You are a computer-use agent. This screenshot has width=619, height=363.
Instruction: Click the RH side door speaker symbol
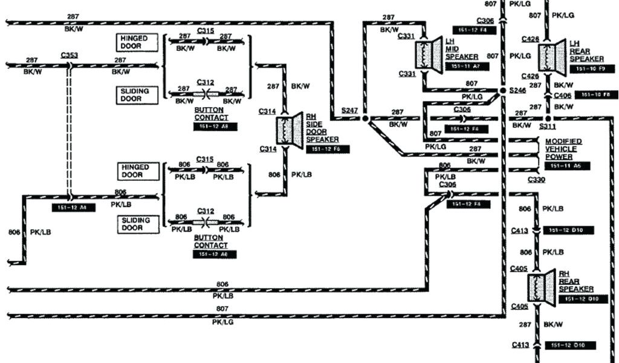(x=290, y=128)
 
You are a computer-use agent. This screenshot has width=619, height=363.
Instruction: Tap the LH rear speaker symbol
(x=553, y=54)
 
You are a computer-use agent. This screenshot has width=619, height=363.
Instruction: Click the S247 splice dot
(x=365, y=119)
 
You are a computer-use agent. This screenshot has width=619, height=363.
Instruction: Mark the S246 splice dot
(x=502, y=91)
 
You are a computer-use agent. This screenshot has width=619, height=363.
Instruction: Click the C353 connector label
(x=69, y=55)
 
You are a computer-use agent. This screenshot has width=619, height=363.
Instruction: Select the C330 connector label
(x=536, y=180)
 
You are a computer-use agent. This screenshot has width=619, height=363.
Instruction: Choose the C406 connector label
(x=562, y=95)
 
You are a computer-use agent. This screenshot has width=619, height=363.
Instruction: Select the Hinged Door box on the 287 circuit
(x=137, y=42)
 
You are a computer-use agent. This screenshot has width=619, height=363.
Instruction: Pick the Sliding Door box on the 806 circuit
(x=137, y=224)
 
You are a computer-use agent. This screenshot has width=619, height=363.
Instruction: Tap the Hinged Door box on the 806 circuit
(x=137, y=171)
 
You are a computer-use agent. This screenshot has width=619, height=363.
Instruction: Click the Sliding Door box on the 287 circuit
(x=137, y=95)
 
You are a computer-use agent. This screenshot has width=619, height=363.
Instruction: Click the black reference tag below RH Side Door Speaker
(x=327, y=149)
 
